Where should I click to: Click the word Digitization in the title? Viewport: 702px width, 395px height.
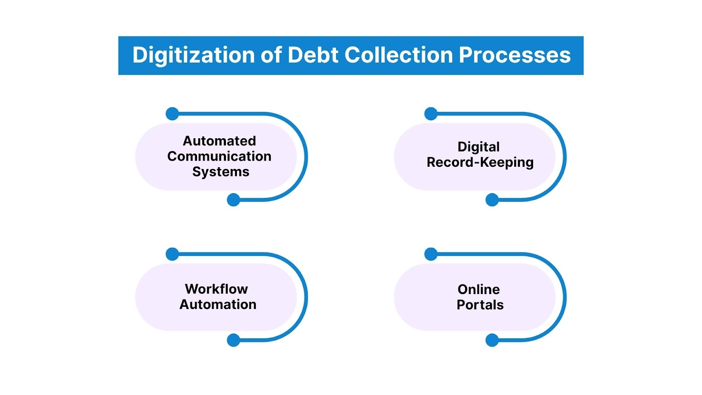(x=193, y=56)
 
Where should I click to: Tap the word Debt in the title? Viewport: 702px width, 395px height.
(x=313, y=55)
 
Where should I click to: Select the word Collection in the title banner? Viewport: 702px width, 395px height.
(x=398, y=55)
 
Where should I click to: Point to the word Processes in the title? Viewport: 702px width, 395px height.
(x=515, y=55)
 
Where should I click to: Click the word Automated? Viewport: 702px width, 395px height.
(x=219, y=141)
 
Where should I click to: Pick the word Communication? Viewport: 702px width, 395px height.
(x=219, y=156)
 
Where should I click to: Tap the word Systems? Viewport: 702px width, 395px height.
(x=221, y=172)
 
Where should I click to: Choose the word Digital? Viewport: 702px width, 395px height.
(x=479, y=147)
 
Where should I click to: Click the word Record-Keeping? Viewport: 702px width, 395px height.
(x=480, y=162)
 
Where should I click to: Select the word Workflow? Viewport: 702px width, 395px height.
(x=216, y=289)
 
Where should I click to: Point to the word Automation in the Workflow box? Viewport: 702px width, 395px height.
(x=218, y=305)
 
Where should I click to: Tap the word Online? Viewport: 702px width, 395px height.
(x=479, y=289)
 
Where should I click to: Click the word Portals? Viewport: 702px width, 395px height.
(x=480, y=305)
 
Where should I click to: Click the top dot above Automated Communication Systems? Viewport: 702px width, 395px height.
(x=172, y=114)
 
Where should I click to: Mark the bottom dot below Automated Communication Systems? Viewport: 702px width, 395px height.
(x=233, y=200)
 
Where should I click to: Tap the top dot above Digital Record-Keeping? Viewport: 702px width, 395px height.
(x=431, y=114)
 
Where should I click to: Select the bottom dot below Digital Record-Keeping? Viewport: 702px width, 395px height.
(x=492, y=200)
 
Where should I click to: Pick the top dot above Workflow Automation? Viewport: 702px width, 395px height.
(x=172, y=254)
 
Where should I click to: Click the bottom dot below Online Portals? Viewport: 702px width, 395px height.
(x=492, y=340)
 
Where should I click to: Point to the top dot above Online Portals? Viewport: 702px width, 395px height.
(x=431, y=254)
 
